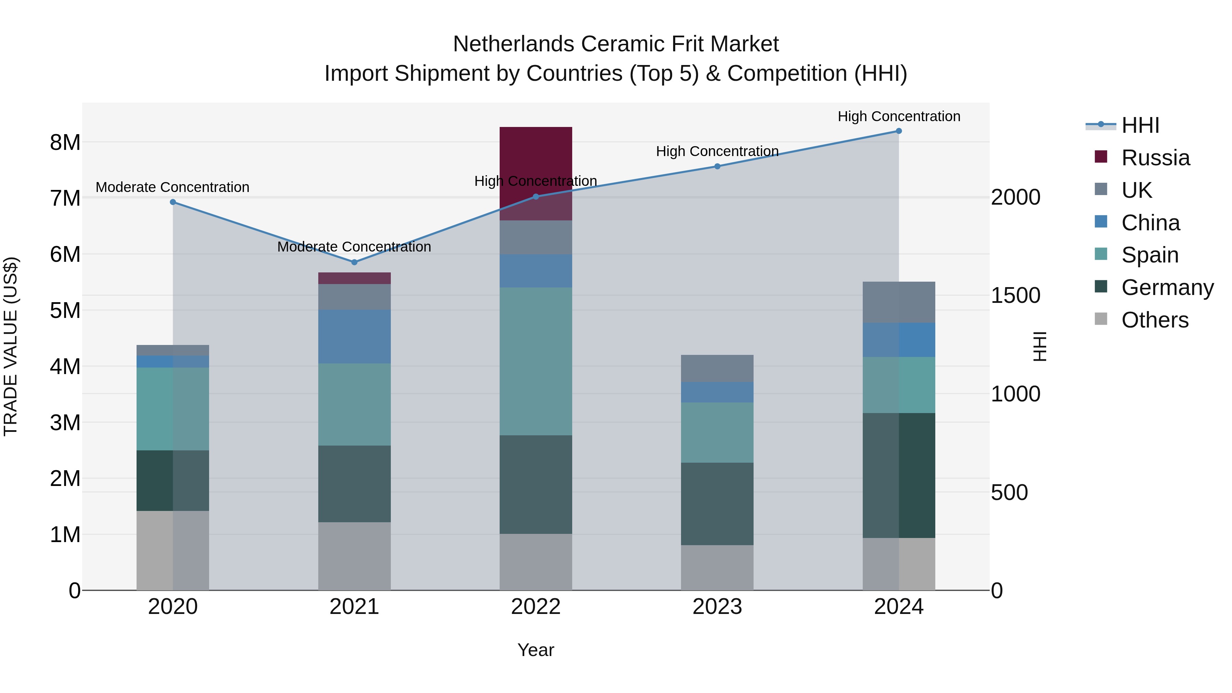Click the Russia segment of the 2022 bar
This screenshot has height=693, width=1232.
point(536,163)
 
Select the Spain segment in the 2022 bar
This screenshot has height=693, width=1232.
point(536,361)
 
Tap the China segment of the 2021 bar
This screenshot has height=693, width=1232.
point(355,336)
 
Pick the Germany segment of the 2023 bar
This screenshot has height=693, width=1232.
point(717,504)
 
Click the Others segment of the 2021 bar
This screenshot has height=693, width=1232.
point(355,556)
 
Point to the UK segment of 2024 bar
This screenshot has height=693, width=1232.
point(899,302)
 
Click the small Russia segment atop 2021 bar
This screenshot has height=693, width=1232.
point(355,278)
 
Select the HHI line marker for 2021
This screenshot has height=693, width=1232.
point(355,262)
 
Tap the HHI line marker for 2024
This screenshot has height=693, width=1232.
point(899,131)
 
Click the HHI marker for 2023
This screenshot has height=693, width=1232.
point(717,166)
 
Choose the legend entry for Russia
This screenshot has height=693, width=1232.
point(1155,158)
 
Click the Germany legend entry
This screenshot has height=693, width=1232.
point(1167,287)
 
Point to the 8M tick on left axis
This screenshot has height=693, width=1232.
point(65,142)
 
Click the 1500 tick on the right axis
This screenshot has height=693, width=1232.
point(1015,296)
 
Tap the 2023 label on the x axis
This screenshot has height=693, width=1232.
point(717,607)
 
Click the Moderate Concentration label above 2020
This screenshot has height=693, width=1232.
point(173,187)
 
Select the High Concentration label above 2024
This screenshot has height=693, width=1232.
point(899,116)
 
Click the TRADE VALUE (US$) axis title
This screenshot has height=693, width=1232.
point(11,346)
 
